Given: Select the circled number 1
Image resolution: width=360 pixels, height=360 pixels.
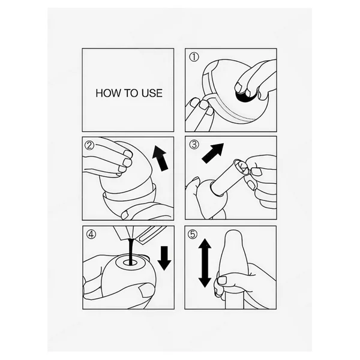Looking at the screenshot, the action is click(194, 57).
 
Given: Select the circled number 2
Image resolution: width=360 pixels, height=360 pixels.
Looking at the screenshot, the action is click(89, 145).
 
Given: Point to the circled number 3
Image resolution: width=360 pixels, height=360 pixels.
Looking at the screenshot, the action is click(194, 145).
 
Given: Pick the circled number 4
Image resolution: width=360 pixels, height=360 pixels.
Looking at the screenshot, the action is click(91, 235).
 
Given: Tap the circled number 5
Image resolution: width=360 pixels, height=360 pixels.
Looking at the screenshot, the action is click(193, 234).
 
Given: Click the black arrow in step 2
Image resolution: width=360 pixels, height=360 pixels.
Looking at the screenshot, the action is click(161, 158).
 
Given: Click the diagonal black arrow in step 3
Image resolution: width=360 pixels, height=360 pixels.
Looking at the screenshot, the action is click(212, 153).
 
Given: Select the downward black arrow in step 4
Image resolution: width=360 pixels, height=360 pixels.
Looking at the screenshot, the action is click(164, 258).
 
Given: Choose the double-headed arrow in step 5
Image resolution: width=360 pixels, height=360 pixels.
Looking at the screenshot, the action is click(205, 263).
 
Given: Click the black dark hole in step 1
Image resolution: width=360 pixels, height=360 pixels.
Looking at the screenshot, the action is click(245, 97).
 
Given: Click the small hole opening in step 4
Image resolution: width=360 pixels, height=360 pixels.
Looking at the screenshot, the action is click(130, 263).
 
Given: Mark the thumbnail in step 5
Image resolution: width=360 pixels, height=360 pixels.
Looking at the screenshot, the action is click(222, 280).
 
